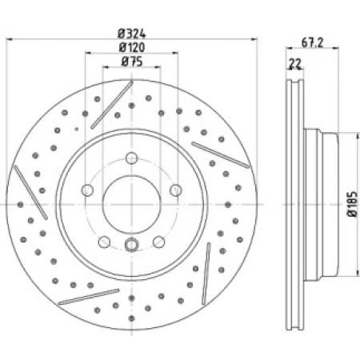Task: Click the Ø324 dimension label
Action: (132, 34)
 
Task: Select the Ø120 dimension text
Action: (132, 48)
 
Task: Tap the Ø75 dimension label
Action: (132, 62)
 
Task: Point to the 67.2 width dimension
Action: (312, 42)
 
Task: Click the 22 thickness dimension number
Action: (295, 64)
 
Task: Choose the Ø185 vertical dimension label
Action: (352, 204)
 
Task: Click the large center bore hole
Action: (132, 205)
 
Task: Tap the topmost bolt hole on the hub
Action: (132, 158)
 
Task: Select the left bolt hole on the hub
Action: (87, 190)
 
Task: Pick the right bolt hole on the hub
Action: (176, 190)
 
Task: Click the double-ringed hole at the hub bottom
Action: (132, 245)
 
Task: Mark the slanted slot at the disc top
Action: (112, 105)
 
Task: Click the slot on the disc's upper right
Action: (221, 155)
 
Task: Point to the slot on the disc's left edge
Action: (30, 192)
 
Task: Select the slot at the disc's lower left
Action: (89, 297)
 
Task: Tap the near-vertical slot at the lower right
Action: (206, 274)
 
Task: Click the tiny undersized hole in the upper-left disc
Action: (77, 129)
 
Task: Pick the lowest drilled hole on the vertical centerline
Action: (131, 318)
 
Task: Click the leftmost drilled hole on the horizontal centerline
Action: (21, 205)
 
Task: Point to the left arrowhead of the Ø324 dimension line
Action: (9, 39)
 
